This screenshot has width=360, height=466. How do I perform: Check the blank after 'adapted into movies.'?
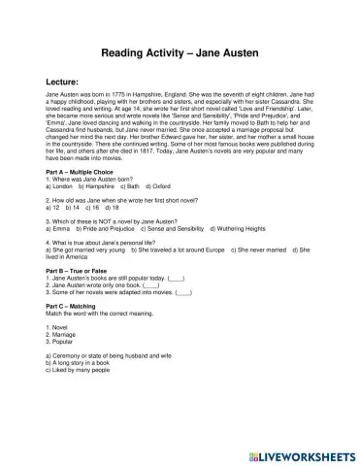pos(184,291)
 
